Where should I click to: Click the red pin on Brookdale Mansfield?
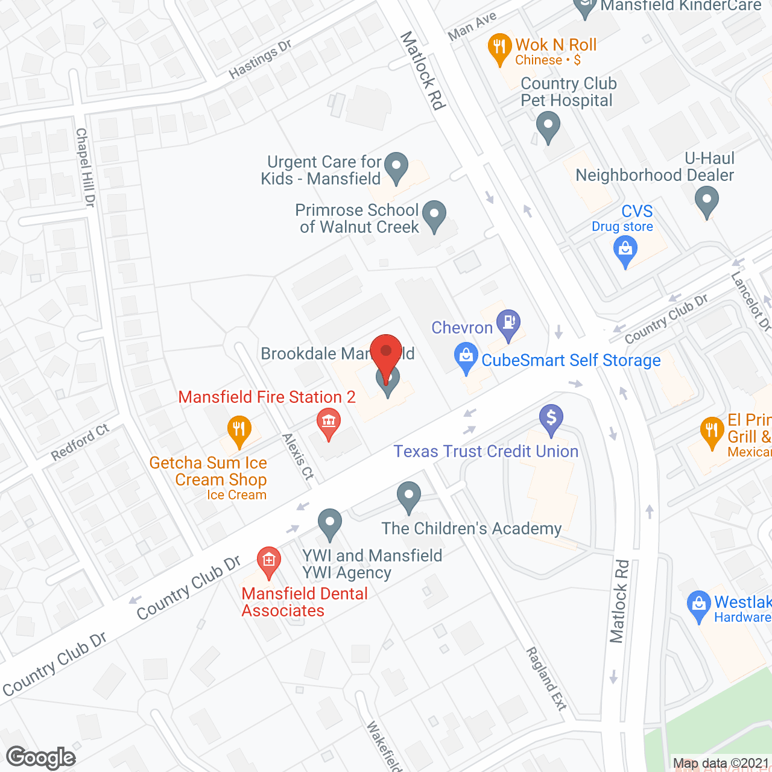386,352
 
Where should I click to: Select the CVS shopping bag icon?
625,250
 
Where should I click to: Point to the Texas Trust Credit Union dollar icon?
551,417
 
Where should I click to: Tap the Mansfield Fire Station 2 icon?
329,422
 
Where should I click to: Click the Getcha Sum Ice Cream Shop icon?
239,429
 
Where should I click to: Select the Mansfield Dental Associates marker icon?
269,560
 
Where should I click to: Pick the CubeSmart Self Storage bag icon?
466,356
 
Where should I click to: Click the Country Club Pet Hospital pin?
548,125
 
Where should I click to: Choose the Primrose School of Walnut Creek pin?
434,215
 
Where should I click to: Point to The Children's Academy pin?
409,496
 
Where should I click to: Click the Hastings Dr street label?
260,59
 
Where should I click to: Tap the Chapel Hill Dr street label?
86,167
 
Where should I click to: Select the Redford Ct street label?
80,442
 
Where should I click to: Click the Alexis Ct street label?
299,456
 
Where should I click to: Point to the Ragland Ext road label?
546,679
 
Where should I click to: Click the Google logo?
41,758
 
